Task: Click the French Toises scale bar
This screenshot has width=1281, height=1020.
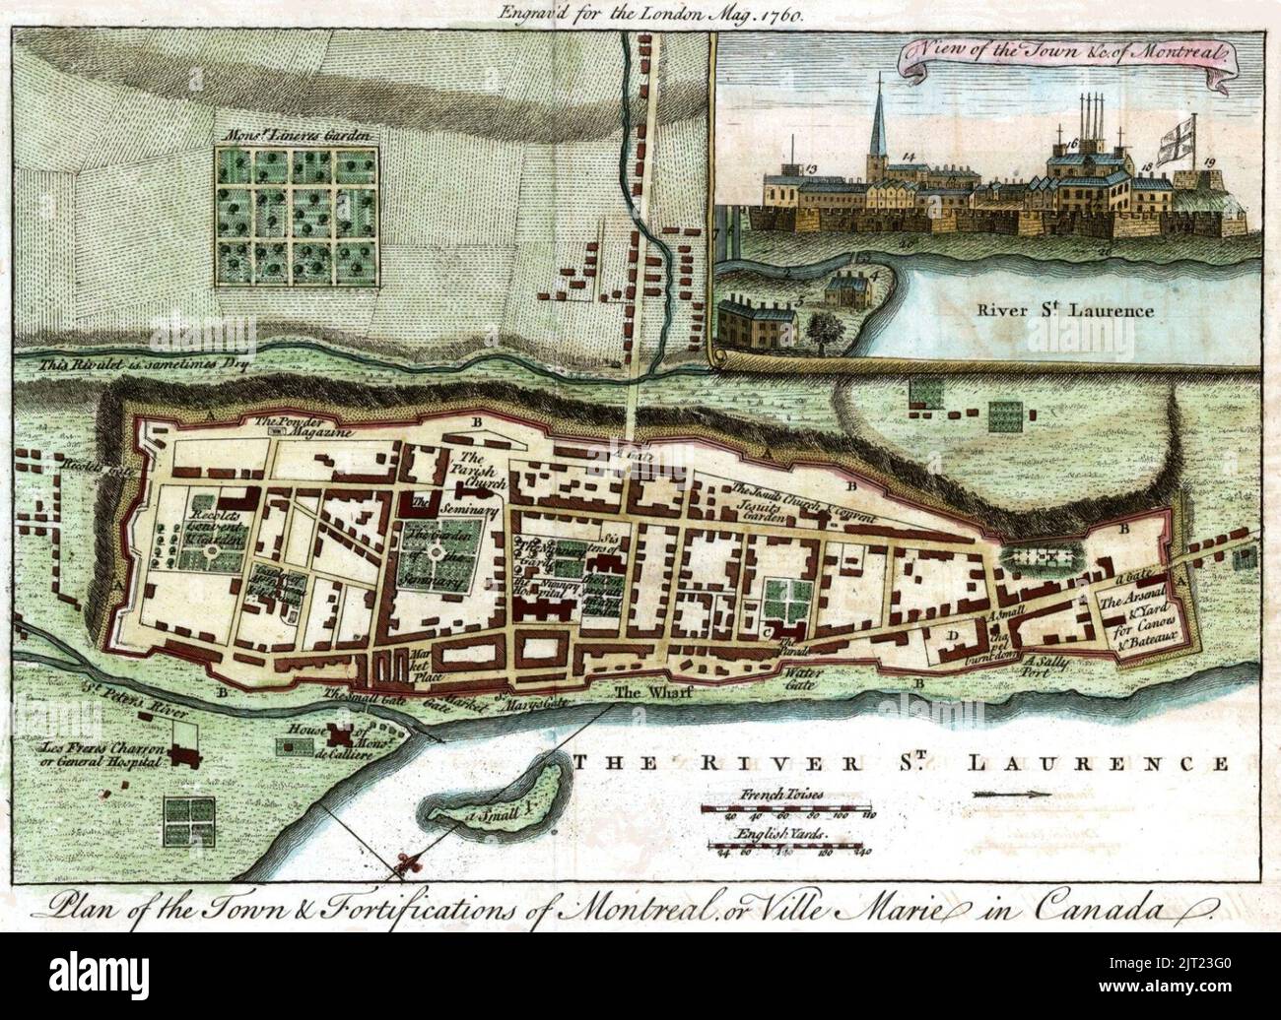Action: click(x=788, y=808)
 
